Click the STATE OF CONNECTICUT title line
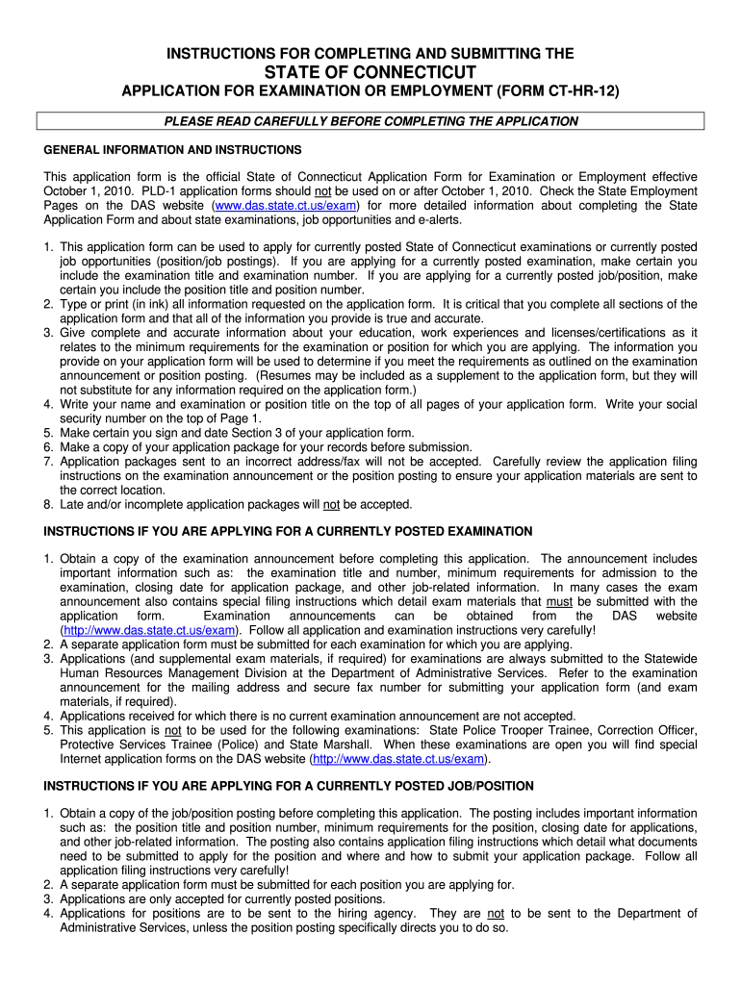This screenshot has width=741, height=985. tap(370, 73)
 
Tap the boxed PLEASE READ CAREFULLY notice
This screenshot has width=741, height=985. tap(370, 121)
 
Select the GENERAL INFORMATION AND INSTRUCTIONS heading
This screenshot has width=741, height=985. tap(173, 150)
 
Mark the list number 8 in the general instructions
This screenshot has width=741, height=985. tap(47, 504)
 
